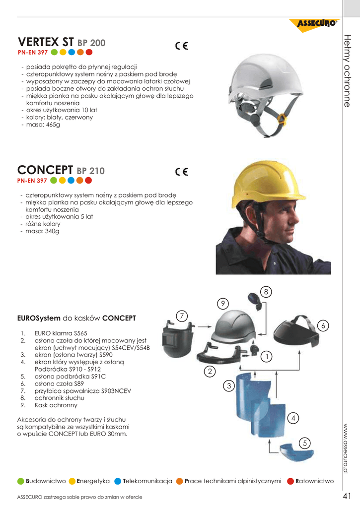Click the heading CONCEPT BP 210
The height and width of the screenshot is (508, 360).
pos(61,171)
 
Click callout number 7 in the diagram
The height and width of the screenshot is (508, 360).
pos(182,316)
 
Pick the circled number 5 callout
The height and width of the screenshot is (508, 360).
pos(305,443)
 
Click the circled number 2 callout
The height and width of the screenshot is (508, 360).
pos(210,371)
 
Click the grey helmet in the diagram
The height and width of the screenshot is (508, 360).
pos(236,327)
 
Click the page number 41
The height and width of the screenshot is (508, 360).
pos(347,496)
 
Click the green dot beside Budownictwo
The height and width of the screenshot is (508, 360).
pos(20,481)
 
